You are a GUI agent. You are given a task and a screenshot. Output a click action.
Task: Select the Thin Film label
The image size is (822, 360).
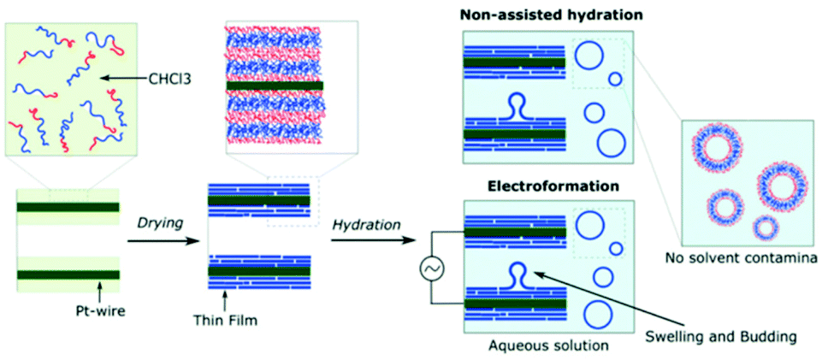pyautogui.click(x=223, y=322)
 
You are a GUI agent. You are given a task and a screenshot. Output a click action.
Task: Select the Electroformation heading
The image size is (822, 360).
pyautogui.click(x=547, y=185)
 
